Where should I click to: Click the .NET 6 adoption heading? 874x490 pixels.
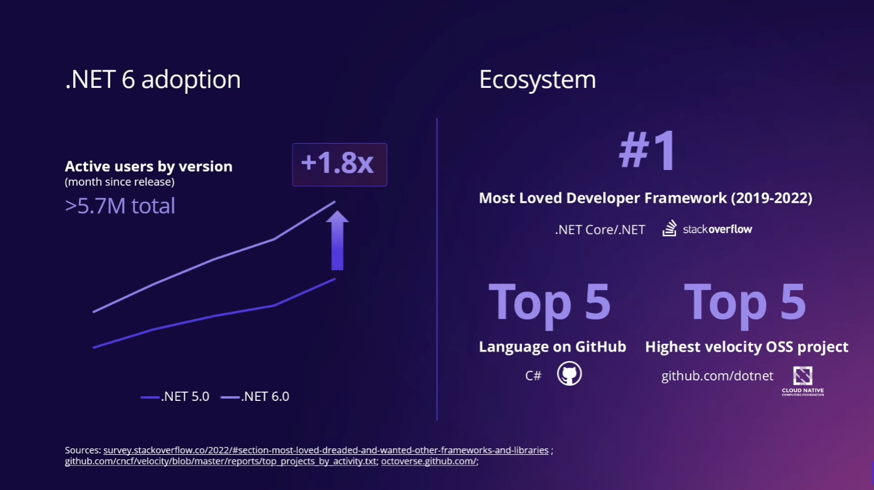click(152, 80)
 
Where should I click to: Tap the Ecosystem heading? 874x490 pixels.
click(537, 80)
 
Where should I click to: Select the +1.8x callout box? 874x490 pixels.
click(339, 164)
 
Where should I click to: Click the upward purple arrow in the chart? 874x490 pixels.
click(337, 240)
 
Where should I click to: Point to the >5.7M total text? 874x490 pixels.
click(120, 206)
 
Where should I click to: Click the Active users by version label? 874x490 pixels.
click(148, 166)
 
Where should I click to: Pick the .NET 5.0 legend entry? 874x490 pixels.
click(176, 397)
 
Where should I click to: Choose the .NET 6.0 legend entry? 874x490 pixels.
click(256, 397)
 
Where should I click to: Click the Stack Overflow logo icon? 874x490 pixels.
click(669, 229)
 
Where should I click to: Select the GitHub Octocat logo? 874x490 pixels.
click(569, 374)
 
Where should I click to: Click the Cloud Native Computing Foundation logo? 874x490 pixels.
click(802, 380)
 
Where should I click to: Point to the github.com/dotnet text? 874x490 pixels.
click(717, 376)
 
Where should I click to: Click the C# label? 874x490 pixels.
click(533, 376)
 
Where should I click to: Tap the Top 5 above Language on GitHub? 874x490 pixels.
click(549, 302)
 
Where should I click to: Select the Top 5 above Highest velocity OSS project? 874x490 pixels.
click(744, 302)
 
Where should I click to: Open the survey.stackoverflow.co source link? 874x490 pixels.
click(326, 450)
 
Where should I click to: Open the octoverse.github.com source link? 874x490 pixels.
click(429, 461)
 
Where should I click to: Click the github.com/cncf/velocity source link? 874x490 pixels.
click(220, 461)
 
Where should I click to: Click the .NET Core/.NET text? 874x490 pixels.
click(600, 230)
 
